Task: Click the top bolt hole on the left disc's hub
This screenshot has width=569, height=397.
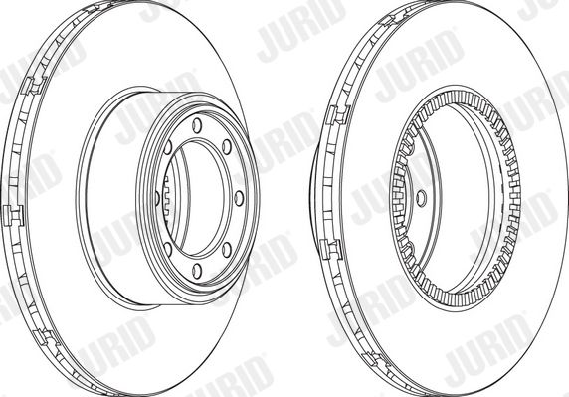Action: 197,125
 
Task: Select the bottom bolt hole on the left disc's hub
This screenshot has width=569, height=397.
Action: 197,271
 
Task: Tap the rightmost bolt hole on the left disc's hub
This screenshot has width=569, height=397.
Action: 239,199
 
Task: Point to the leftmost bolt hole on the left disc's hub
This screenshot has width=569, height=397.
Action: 157,199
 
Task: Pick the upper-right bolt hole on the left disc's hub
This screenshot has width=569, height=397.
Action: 227,147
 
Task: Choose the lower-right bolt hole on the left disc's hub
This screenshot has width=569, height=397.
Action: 227,250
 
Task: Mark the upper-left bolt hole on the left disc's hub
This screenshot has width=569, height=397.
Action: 168,147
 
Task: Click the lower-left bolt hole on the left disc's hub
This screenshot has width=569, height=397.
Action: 168,250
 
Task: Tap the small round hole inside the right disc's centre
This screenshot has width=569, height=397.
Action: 421,199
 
